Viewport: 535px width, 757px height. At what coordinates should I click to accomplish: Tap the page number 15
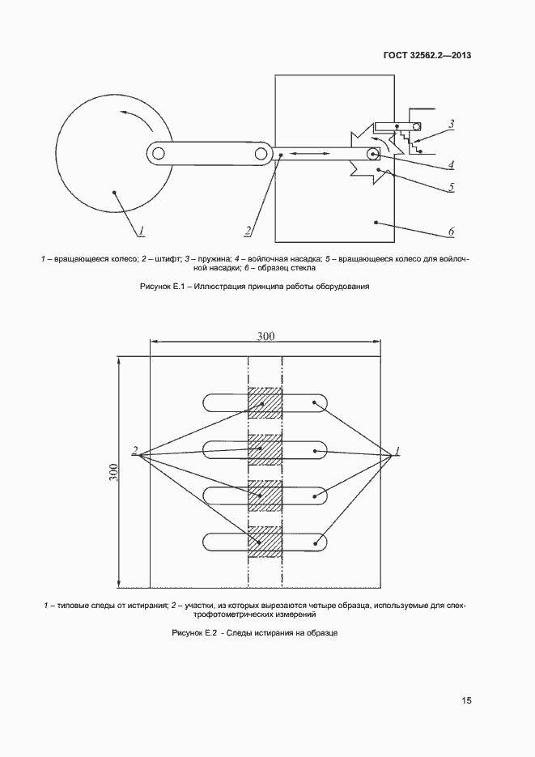pyautogui.click(x=467, y=701)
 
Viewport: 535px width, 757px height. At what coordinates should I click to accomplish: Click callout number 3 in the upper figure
pyautogui.click(x=452, y=125)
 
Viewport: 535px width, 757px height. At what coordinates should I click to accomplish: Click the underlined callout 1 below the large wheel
pyautogui.click(x=141, y=231)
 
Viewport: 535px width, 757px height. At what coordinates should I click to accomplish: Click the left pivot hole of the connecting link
pyautogui.click(x=159, y=153)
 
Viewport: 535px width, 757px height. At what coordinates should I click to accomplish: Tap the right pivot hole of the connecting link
pyautogui.click(x=261, y=153)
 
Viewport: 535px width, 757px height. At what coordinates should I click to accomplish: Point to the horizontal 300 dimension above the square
pyautogui.click(x=266, y=336)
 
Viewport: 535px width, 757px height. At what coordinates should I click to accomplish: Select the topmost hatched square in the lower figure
pyautogui.click(x=264, y=402)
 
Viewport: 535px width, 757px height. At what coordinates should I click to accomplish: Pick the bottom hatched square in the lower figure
pyautogui.click(x=264, y=541)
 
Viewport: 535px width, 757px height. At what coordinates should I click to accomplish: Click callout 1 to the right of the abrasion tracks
pyautogui.click(x=397, y=451)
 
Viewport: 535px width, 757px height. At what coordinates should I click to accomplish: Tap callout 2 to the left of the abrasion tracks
pyautogui.click(x=136, y=451)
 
